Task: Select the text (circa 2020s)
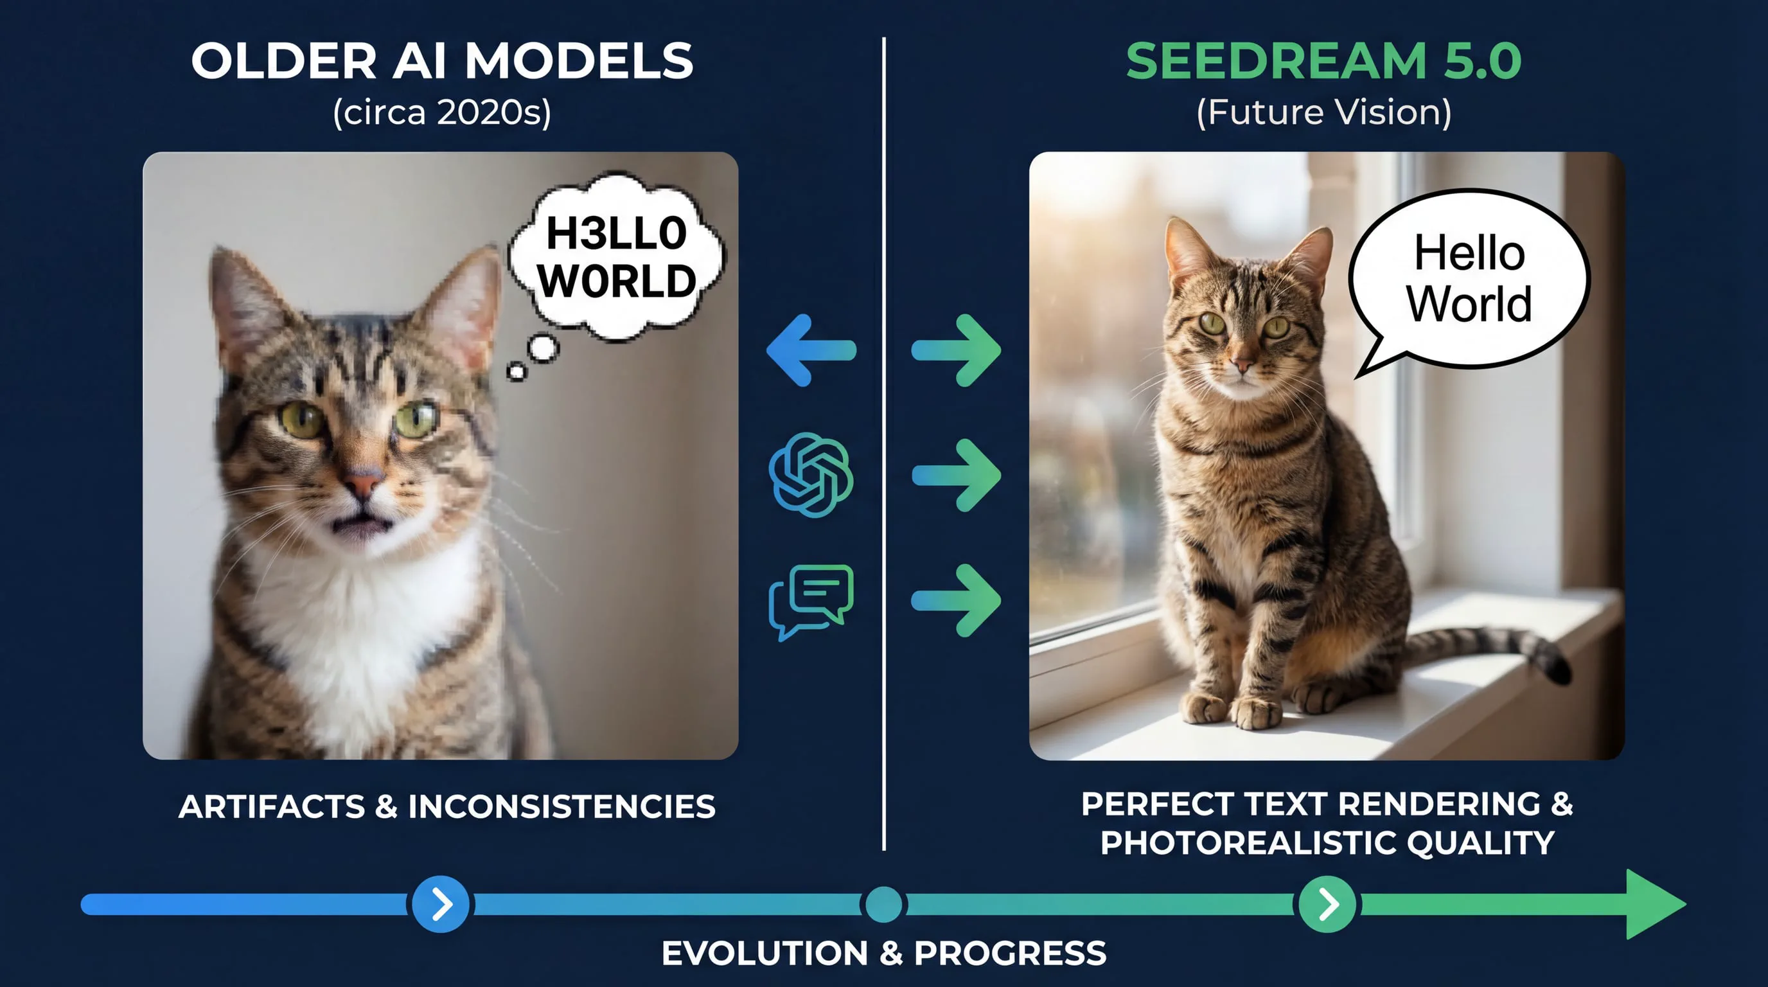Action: [442, 112]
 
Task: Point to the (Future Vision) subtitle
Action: [1324, 112]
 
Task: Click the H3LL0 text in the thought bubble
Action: [616, 233]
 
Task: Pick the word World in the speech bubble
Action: [1469, 303]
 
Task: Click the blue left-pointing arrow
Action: [811, 350]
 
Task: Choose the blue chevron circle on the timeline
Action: [441, 904]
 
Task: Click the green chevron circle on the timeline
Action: [1327, 904]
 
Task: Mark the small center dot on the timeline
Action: [883, 904]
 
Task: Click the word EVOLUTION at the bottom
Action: [765, 954]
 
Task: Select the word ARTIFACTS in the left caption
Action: [271, 806]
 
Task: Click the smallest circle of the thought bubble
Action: [516, 372]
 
